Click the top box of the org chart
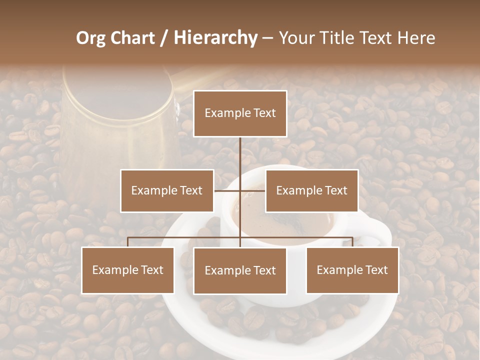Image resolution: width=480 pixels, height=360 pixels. click(x=240, y=113)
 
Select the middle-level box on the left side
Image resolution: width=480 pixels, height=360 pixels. click(x=167, y=190)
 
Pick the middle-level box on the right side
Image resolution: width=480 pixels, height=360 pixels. click(x=311, y=190)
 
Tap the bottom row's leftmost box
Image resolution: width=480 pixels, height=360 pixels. click(x=128, y=270)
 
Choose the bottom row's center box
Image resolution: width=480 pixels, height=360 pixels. click(x=240, y=270)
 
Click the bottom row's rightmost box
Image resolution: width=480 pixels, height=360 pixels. click(x=352, y=270)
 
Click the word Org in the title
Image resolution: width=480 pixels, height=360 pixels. click(x=91, y=38)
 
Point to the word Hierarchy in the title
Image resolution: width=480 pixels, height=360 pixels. click(x=215, y=38)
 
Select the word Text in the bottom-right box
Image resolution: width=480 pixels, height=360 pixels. click(x=376, y=270)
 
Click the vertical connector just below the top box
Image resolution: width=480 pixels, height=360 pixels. click(x=240, y=152)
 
